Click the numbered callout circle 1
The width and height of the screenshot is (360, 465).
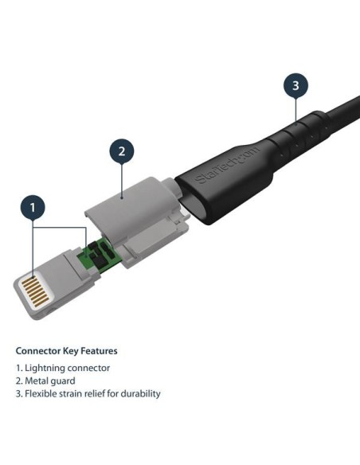tap(33, 209)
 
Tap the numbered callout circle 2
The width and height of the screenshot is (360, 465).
tap(121, 151)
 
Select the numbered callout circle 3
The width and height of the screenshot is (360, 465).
tap(295, 86)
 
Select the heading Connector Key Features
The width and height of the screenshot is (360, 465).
tap(67, 350)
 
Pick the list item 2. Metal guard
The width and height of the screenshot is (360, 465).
tap(46, 381)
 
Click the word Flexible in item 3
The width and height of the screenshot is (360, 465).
tap(41, 393)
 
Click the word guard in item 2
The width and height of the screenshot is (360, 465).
tap(65, 381)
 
